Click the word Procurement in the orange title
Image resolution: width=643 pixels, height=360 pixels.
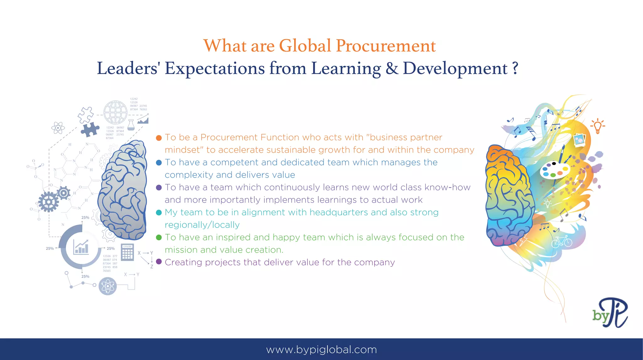click(386, 46)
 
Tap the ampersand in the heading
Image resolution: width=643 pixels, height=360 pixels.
click(392, 68)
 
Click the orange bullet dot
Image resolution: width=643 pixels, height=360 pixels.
click(159, 138)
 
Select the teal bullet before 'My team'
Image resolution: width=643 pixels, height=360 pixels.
click(159, 212)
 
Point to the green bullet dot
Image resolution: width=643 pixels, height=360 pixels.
click(159, 237)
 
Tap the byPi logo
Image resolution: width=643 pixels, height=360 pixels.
click(610, 313)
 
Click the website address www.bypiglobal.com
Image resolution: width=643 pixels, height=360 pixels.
click(321, 349)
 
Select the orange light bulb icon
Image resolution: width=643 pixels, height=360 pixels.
click(597, 126)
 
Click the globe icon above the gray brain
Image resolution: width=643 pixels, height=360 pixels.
click(116, 112)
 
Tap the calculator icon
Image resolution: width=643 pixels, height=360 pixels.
click(127, 252)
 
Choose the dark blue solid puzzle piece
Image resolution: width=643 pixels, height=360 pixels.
click(90, 129)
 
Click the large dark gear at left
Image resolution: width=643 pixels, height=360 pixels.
click(48, 202)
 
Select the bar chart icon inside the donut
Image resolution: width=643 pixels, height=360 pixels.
click(81, 247)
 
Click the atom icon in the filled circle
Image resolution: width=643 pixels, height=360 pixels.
click(108, 286)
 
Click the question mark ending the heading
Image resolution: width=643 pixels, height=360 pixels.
click(515, 68)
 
